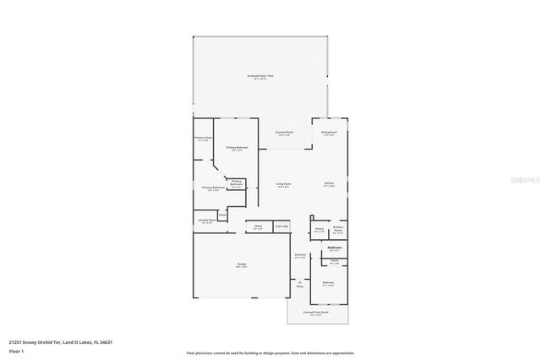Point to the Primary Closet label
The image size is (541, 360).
tap(204, 139)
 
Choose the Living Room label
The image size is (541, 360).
tap(283, 184)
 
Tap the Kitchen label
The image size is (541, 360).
tap(330, 184)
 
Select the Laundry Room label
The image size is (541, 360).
tap(206, 221)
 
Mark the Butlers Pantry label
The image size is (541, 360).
tap(338, 229)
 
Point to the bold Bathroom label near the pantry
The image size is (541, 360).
tap(334, 248)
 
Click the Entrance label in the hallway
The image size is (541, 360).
tap(300, 255)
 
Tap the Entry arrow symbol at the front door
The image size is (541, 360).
tap(299, 280)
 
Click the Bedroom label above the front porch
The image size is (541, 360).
tap(329, 283)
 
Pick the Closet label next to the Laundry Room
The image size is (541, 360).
tap(221, 215)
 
